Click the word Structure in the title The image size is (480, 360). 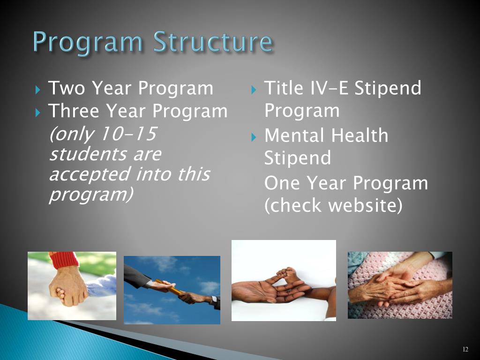pos(212,41)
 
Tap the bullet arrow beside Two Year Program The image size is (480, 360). pos(37,90)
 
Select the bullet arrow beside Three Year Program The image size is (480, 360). pos(37,112)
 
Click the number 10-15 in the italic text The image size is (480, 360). pos(128,134)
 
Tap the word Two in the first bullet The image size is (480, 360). pos(67,88)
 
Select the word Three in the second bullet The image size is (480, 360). pos(74,111)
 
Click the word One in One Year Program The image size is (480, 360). pos(282,183)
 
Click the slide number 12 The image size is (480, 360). pos(465,349)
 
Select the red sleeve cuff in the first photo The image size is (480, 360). pos(64,260)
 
